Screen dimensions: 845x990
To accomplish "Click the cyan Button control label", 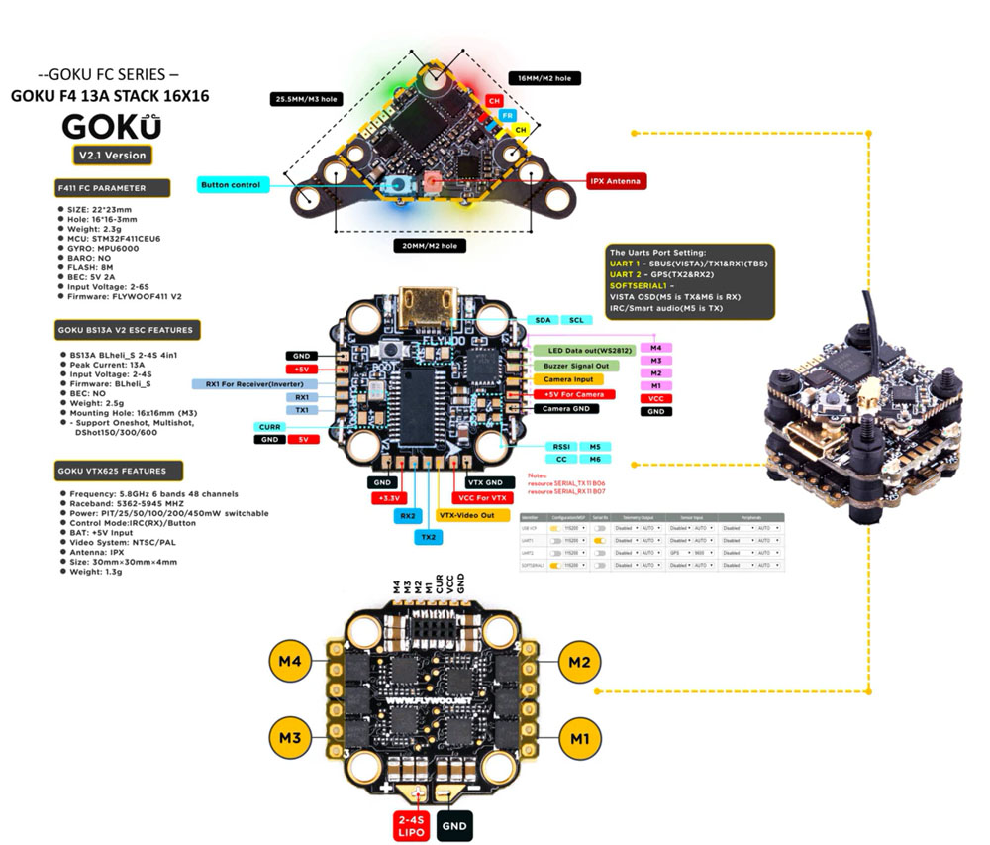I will tap(232, 185).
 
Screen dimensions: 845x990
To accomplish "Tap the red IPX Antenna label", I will tap(616, 181).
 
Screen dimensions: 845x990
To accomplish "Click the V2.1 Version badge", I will tap(112, 155).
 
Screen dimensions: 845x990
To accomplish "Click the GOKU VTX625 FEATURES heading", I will tap(117, 472).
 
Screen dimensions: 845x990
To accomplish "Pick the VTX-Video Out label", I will tap(473, 515).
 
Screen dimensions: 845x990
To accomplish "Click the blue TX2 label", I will tap(429, 536).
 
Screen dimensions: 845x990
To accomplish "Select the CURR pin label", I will tap(271, 426).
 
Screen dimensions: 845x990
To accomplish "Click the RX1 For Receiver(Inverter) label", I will tap(254, 382).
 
